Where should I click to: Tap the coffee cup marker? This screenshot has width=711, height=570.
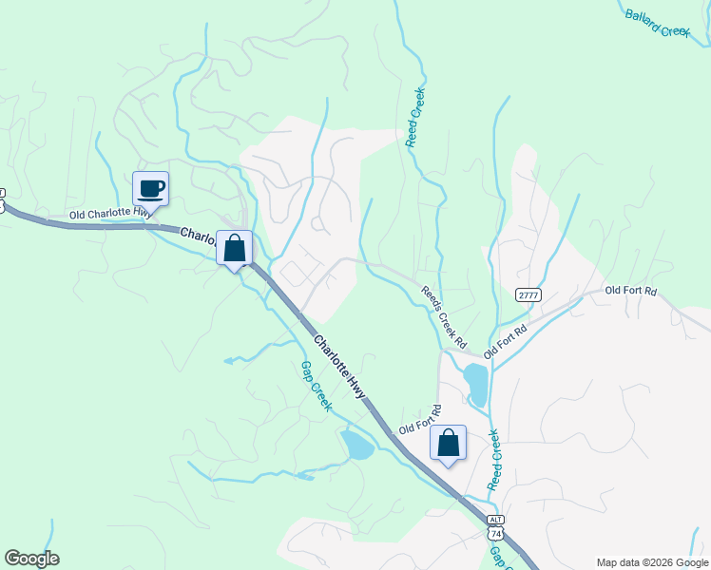pos(151,188)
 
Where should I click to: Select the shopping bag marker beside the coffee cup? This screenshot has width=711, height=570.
pos(235,249)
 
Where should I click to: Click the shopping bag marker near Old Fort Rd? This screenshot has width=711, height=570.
pos(449,443)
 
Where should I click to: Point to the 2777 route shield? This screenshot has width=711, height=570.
pos(528,295)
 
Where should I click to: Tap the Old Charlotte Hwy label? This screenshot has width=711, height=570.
pos(108,216)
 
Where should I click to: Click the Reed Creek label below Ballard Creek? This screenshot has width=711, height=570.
pos(414,117)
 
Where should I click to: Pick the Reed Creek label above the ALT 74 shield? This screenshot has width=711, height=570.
pos(494,460)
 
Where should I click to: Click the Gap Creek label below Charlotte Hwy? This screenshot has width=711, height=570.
pos(316,386)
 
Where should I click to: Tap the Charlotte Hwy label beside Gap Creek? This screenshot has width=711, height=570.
pos(340,366)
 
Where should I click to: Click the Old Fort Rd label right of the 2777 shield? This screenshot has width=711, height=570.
pos(631,290)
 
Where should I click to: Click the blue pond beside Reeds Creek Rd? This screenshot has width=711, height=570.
pos(475,385)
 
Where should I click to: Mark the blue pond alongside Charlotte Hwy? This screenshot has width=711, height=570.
pos(357,444)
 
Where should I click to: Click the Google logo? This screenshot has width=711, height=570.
pos(31,558)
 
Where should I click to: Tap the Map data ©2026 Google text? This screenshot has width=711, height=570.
pos(651,562)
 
